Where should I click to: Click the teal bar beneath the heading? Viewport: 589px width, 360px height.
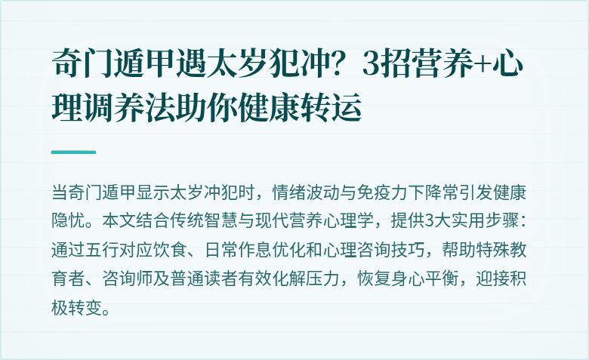(73, 152)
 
